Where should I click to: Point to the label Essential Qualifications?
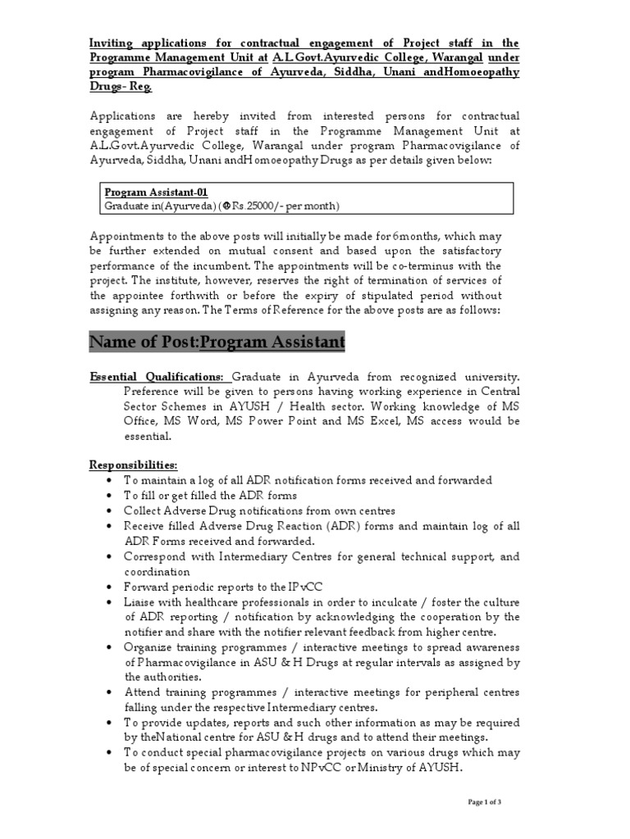[157, 377]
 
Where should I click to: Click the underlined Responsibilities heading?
[133, 465]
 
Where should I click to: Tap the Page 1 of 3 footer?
[485, 801]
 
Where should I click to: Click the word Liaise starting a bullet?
[141, 601]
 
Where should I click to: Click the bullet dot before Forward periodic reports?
[109, 587]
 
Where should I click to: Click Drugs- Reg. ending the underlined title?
[121, 87]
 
